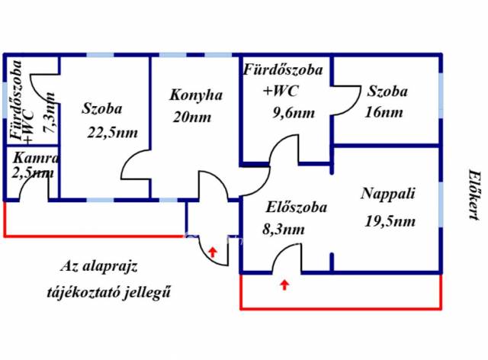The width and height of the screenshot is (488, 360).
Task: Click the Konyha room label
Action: [195, 95]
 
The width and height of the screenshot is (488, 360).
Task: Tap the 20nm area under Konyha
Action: [191, 117]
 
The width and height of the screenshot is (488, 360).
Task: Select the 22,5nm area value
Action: [114, 132]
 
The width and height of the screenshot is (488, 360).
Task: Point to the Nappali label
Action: [388, 193]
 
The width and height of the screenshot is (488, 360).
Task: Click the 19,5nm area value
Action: [390, 222]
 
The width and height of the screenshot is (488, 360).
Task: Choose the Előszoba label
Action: [297, 207]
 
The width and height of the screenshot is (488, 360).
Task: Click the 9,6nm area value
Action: [294, 113]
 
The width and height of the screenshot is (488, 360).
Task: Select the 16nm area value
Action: [385, 113]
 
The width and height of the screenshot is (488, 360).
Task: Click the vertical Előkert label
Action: [472, 194]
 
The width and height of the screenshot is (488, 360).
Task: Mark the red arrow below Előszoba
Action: [284, 285]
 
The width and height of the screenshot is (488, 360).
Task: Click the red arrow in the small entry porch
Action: [212, 251]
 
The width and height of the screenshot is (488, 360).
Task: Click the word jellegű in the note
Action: [146, 291]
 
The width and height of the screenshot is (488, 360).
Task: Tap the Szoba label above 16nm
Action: [387, 92]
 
